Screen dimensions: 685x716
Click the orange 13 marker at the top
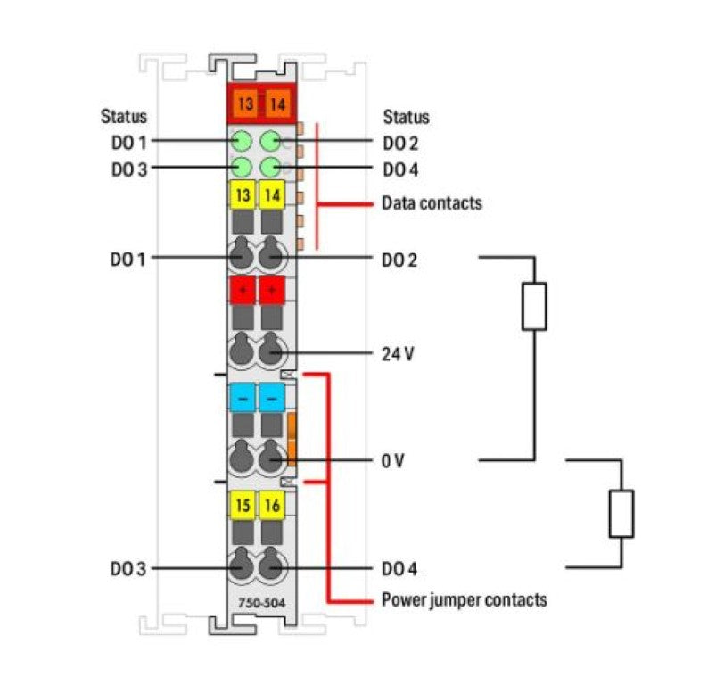click(x=244, y=104)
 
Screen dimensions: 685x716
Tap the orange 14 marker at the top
click(x=275, y=104)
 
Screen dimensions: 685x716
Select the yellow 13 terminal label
click(x=243, y=194)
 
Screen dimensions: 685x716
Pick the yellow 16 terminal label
click(x=273, y=506)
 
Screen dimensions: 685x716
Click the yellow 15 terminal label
click(x=243, y=506)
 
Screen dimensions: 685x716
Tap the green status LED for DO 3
click(x=241, y=168)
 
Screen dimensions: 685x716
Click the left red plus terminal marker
click(x=243, y=290)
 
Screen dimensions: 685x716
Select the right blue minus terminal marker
click(x=272, y=396)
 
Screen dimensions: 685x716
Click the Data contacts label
click(x=432, y=203)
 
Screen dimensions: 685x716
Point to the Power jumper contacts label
click(x=464, y=599)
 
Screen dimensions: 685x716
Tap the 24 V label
click(x=398, y=353)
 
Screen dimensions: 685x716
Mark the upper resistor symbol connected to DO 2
click(x=533, y=307)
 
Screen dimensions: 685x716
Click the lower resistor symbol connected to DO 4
click(x=621, y=513)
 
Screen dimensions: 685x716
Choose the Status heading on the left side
click(x=123, y=117)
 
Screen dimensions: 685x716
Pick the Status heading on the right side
click(x=406, y=117)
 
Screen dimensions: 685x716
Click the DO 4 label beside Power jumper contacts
click(x=399, y=568)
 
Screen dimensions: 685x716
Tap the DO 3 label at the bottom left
click(x=128, y=568)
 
